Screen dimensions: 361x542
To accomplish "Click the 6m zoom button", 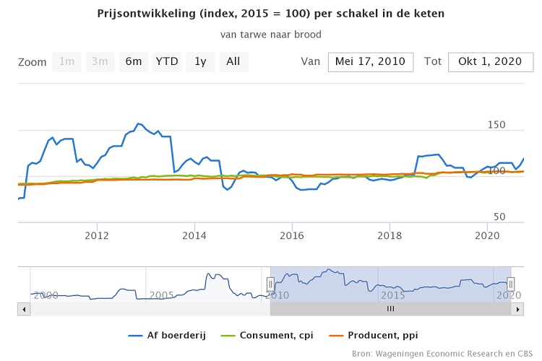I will click(133, 62).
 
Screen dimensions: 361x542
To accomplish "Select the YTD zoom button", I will click(167, 62).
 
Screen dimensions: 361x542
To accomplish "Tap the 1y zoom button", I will click(200, 62).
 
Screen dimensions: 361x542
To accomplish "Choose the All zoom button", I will click(233, 62).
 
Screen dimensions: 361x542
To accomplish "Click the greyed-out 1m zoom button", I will click(67, 62).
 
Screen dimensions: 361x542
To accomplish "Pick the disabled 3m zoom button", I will click(100, 62).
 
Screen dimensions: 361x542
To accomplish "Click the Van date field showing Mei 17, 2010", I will click(371, 62).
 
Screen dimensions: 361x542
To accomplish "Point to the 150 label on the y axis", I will click(496, 125).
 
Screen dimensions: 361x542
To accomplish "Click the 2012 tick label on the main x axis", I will click(97, 235).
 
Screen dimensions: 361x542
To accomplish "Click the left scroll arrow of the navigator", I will click(23, 309).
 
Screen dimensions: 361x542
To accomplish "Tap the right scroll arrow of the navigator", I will click(517, 309).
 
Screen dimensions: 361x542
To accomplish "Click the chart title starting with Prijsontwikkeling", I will click(270, 14).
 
